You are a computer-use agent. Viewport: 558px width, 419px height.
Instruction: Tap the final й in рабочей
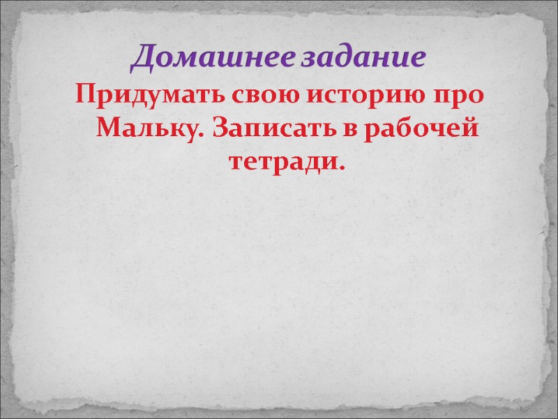pos(473,129)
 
